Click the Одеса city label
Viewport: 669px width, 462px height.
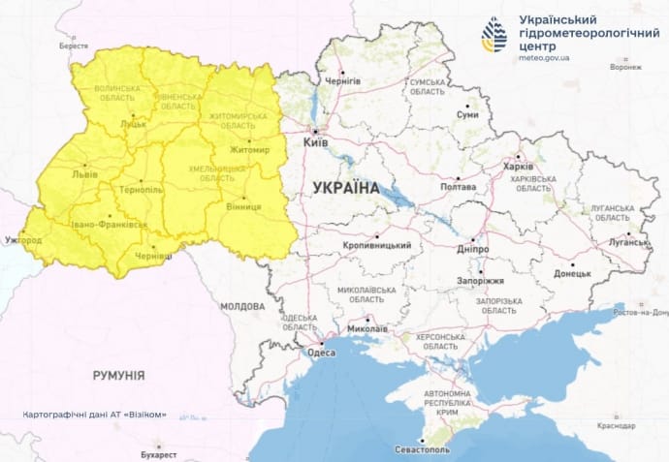[x=321, y=353]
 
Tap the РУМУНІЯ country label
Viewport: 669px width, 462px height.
[x=118, y=374]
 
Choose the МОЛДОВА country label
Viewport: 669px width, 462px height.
[x=241, y=306]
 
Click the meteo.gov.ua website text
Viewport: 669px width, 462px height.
[x=544, y=58]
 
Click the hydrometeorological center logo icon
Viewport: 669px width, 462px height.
[x=494, y=35]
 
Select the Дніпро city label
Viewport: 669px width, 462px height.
[x=475, y=249]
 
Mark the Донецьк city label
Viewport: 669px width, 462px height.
[x=571, y=274]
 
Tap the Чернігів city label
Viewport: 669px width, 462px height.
[x=342, y=81]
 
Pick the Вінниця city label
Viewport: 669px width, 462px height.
[x=241, y=207]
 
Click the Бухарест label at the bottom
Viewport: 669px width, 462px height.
[x=158, y=453]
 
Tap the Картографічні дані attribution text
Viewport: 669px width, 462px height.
[x=94, y=415]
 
